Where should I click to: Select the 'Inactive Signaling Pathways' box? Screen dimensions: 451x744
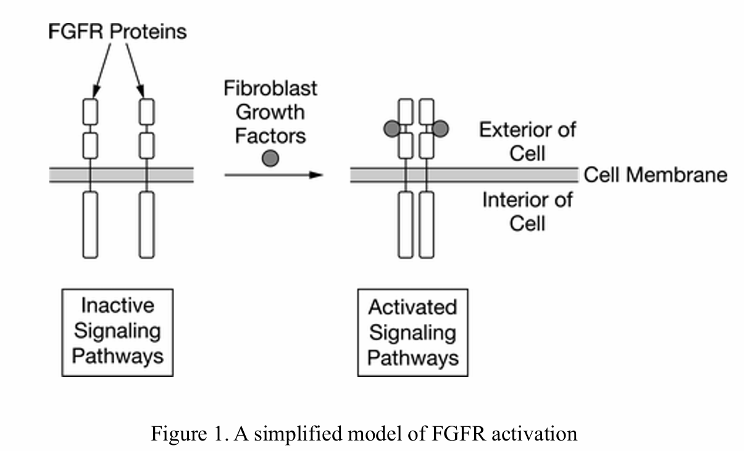117,331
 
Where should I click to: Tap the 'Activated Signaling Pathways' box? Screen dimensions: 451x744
412,333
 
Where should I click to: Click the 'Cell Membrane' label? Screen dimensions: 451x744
655,175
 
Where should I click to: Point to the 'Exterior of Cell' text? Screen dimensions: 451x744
527,141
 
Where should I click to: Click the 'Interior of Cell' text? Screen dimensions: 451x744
527,210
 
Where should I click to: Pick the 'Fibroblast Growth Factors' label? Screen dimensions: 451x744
270,112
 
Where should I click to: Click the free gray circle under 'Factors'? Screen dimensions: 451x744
270,159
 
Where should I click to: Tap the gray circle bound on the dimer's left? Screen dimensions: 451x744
391,128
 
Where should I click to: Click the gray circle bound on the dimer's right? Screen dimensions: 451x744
440,128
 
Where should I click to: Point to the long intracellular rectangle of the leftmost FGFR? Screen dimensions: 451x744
91,224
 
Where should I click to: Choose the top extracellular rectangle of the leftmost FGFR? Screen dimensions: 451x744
91,112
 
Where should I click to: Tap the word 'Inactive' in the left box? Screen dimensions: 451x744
117,305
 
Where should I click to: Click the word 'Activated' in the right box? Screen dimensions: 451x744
412,307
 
